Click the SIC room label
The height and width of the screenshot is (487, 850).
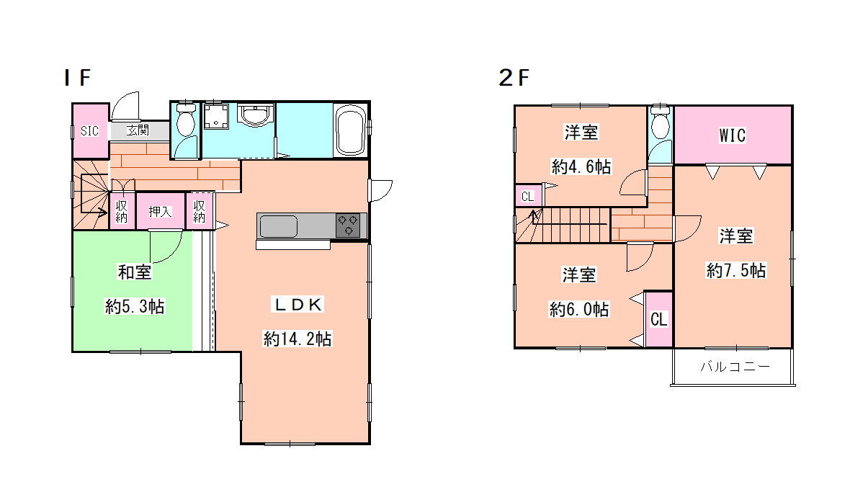[x=89, y=130]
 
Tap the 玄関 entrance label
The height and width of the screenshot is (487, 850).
[x=138, y=130]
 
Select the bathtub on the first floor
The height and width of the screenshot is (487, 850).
[x=351, y=130]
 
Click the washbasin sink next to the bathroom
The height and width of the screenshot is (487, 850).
[x=255, y=115]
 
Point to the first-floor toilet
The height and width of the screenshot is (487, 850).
[x=186, y=120]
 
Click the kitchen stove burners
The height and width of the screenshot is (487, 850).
[x=347, y=225]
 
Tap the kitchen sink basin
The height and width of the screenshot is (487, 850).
[x=278, y=226]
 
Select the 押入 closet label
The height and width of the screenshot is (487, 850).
[x=160, y=212]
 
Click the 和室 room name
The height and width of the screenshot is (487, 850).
[x=135, y=272]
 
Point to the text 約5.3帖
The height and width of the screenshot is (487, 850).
[x=135, y=306]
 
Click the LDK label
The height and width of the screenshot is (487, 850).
[x=297, y=304]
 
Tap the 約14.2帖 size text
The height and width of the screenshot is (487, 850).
[x=297, y=339]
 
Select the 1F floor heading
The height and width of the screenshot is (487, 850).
[x=77, y=78]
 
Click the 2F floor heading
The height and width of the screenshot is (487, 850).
[x=514, y=78]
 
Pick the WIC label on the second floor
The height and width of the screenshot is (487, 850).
[x=733, y=135]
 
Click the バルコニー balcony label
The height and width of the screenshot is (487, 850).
[x=735, y=367]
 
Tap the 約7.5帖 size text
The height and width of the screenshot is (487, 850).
[x=735, y=270]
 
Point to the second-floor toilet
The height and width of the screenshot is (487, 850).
[x=661, y=122]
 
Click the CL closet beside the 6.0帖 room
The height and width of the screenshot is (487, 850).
[x=658, y=319]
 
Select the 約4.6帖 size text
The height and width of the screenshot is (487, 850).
[x=581, y=166]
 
